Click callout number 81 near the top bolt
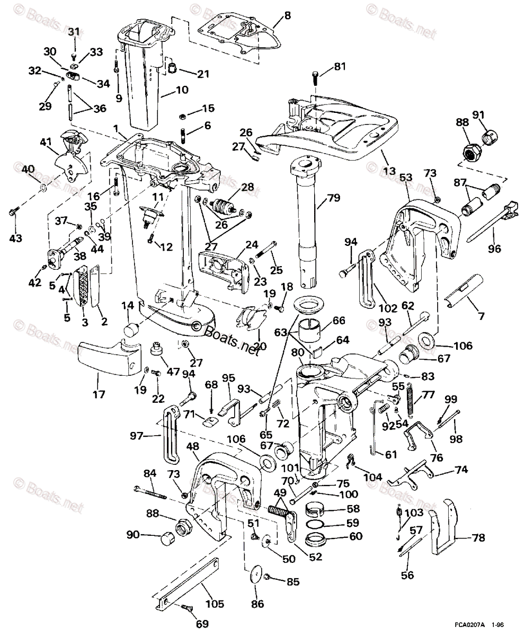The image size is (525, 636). point(339,67)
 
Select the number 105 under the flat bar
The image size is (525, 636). point(215,604)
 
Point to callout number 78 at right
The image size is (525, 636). point(478,537)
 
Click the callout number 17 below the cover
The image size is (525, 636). point(99,394)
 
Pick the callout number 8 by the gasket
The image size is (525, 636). point(287,15)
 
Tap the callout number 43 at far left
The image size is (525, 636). point(15,238)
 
